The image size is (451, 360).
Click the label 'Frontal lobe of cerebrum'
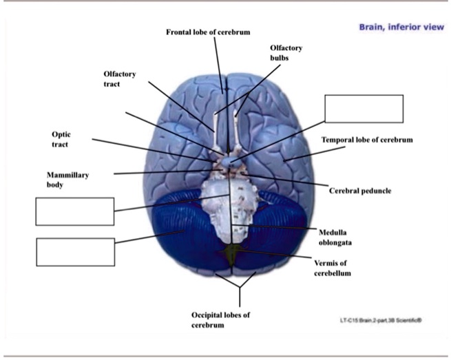tap(208, 32)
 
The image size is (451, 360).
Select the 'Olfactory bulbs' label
tap(286, 53)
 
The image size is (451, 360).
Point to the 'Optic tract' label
tap(61, 139)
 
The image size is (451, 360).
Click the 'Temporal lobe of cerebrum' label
tap(367, 140)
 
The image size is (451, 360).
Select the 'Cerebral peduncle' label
tap(360, 191)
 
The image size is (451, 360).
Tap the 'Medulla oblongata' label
tap(337, 237)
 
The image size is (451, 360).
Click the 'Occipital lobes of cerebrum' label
tap(220, 319)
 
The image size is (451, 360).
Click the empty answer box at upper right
tap(364, 109)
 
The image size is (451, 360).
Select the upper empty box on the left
tap(74, 211)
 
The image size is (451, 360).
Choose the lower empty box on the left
tap(74, 251)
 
